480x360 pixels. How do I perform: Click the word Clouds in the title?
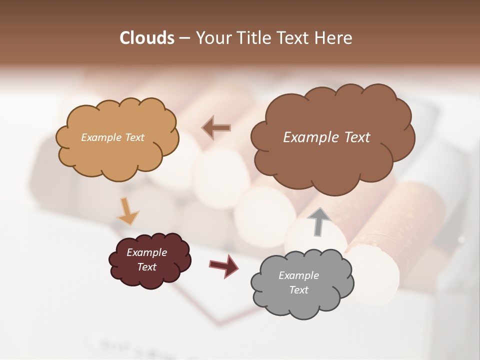(x=146, y=38)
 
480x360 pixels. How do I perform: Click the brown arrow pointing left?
(x=216, y=128)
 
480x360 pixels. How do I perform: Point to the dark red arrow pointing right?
(x=224, y=265)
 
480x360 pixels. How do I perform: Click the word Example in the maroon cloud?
(x=146, y=252)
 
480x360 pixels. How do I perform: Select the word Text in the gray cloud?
(x=298, y=290)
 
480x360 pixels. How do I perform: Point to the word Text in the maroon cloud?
(x=146, y=267)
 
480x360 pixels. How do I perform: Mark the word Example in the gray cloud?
(x=298, y=275)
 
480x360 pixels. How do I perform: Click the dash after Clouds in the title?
(x=184, y=38)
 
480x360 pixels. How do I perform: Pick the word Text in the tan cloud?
(x=134, y=137)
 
